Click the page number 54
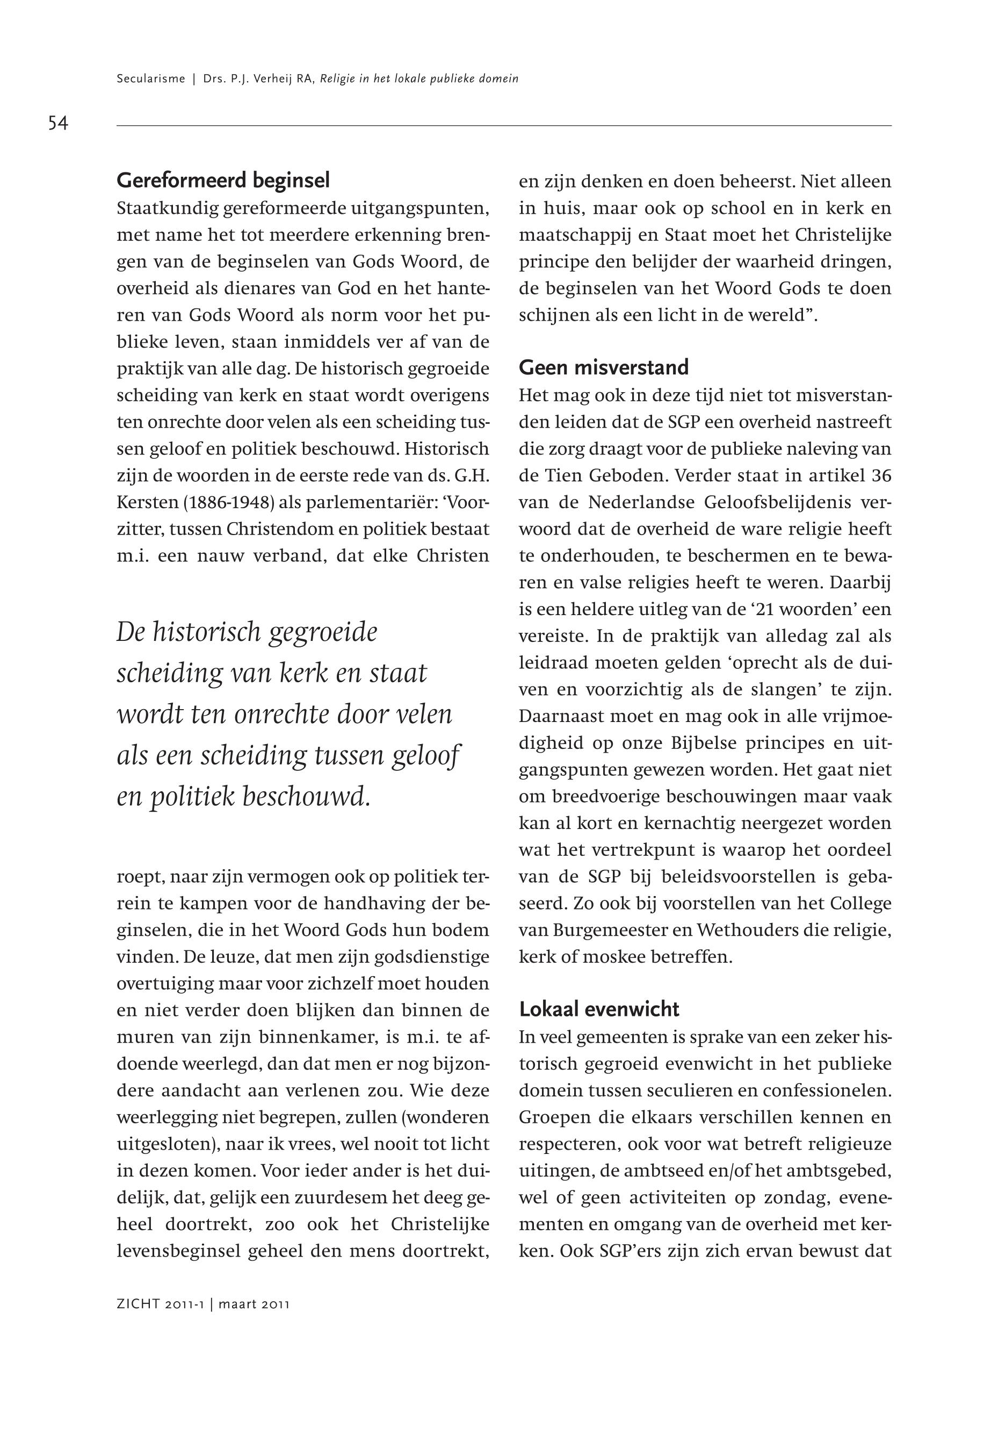pyautogui.click(x=58, y=123)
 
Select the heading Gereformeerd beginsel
pyautogui.click(x=223, y=181)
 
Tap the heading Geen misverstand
pyautogui.click(x=604, y=367)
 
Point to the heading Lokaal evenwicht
pyautogui.click(x=599, y=1009)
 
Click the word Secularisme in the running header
pyautogui.click(x=151, y=79)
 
